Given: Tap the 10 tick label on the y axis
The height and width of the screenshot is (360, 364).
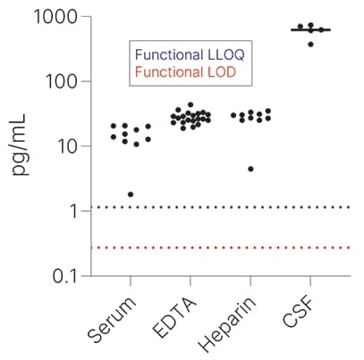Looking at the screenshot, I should click(64, 146).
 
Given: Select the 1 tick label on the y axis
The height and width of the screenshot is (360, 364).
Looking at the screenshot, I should click(70, 211).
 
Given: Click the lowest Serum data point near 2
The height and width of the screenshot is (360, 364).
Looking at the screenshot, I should click(131, 195).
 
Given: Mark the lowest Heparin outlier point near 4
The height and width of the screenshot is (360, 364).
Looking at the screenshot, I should click(250, 169).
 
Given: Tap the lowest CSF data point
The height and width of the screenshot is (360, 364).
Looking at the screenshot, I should click(311, 44).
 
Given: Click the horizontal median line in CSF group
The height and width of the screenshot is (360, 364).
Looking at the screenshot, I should click(310, 30).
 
